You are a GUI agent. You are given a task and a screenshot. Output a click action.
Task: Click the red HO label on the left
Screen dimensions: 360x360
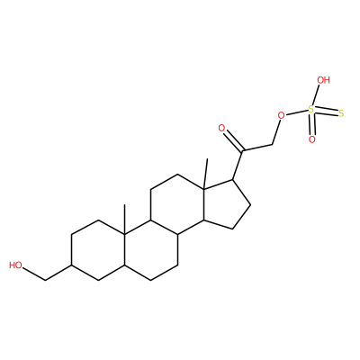15,265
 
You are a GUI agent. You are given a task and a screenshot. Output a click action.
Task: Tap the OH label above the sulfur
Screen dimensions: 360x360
324,80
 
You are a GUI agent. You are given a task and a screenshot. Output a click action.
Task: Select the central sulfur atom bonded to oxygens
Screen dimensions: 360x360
311,110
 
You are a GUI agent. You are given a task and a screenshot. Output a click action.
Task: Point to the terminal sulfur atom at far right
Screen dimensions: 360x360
340,113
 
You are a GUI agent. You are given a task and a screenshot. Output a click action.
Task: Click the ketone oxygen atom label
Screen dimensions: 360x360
221,129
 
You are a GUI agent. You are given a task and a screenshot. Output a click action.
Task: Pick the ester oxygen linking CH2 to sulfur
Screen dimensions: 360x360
281,115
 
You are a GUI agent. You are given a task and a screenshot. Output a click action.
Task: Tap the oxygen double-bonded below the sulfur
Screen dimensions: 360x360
312,139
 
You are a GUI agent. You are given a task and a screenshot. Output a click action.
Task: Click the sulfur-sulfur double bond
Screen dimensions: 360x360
326,112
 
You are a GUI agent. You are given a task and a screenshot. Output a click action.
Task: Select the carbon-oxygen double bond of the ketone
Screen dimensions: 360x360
234,140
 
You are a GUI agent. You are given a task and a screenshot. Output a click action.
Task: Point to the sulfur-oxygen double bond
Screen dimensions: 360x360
311,124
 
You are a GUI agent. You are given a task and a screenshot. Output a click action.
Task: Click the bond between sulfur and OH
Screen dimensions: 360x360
316,94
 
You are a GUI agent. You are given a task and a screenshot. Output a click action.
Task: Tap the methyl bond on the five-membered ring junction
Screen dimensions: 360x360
205,174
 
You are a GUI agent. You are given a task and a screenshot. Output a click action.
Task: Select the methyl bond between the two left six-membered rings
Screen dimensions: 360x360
124,220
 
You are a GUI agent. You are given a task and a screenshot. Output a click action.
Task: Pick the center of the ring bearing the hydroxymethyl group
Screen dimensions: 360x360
98,250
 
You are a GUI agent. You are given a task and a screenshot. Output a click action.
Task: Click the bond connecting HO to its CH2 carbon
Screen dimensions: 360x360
34,274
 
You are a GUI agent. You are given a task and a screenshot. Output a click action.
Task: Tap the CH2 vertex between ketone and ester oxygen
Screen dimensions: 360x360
273,145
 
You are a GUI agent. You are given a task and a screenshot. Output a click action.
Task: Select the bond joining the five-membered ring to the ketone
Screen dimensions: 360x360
238,165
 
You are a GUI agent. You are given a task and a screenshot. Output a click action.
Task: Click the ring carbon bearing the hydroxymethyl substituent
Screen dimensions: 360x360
71,265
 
